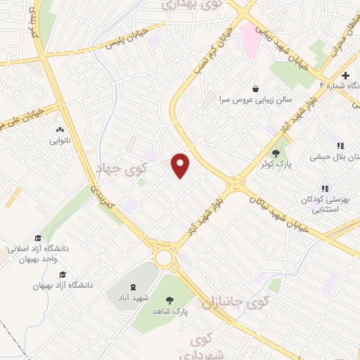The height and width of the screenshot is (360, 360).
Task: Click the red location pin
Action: (181, 165)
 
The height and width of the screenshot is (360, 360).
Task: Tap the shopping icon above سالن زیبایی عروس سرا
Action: (255, 89)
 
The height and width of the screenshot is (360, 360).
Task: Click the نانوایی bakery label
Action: (59, 141)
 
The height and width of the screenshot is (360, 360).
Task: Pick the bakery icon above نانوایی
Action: (59, 129)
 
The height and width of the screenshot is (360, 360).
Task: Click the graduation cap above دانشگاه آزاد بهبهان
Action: (62, 274)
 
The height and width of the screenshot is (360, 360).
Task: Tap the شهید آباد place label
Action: (131, 297)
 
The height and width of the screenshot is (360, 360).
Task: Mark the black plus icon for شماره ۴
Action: (345, 75)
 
